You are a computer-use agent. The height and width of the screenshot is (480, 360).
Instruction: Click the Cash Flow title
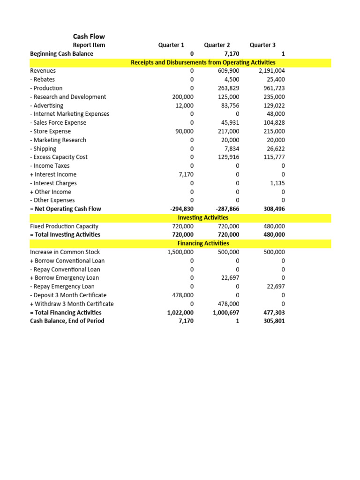click(x=89, y=36)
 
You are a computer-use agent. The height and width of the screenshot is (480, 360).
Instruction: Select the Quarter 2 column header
click(x=217, y=45)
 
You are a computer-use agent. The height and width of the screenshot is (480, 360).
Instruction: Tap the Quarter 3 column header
click(x=262, y=45)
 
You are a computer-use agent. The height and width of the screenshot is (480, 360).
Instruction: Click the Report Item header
click(x=89, y=45)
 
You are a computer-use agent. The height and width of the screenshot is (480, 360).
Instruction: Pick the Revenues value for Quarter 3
click(x=271, y=71)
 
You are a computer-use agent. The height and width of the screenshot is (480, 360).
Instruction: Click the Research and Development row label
click(x=68, y=97)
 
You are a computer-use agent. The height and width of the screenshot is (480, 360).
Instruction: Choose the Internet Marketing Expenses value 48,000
click(x=275, y=114)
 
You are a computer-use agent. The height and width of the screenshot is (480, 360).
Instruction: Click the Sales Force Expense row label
click(x=58, y=122)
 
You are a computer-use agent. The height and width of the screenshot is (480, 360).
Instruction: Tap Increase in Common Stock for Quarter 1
click(x=180, y=252)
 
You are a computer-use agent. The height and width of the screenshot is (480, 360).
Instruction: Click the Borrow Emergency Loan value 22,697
click(x=229, y=278)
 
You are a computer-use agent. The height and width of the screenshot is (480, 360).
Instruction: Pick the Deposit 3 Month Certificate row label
click(x=68, y=295)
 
